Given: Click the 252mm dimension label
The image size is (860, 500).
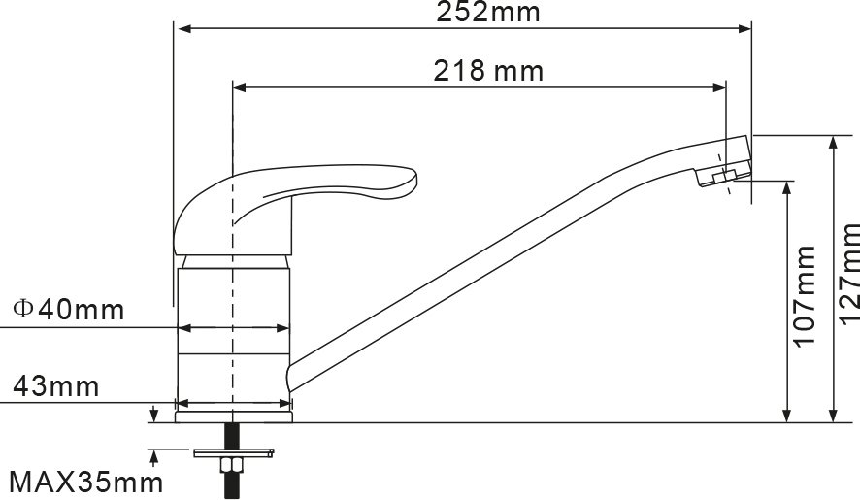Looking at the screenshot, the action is coord(488,12).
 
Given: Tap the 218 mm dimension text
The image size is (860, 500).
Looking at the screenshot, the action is coord(488,71).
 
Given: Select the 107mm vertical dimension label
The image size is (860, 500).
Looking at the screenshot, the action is coord(805,296).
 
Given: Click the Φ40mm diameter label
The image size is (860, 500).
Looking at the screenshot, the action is coord(69,310).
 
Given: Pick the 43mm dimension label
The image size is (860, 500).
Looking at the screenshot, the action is coord(56,386).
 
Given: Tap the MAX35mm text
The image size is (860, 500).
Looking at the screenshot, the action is coord(86,483).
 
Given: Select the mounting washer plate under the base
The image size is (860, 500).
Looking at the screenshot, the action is coord(234,452).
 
